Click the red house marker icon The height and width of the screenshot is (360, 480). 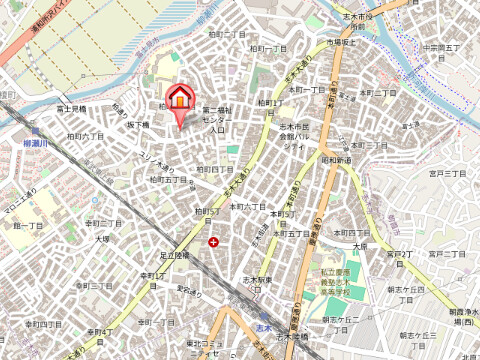tap(180, 99)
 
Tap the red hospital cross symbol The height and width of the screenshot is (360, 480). tap(213, 242)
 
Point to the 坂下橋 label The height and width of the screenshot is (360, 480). tap(137, 125)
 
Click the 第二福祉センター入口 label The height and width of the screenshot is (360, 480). tap(217, 119)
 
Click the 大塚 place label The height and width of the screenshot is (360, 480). tap(102, 240)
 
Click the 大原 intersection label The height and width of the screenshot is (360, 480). tap(360, 245)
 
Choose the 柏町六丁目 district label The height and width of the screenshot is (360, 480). tap(84, 135)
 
